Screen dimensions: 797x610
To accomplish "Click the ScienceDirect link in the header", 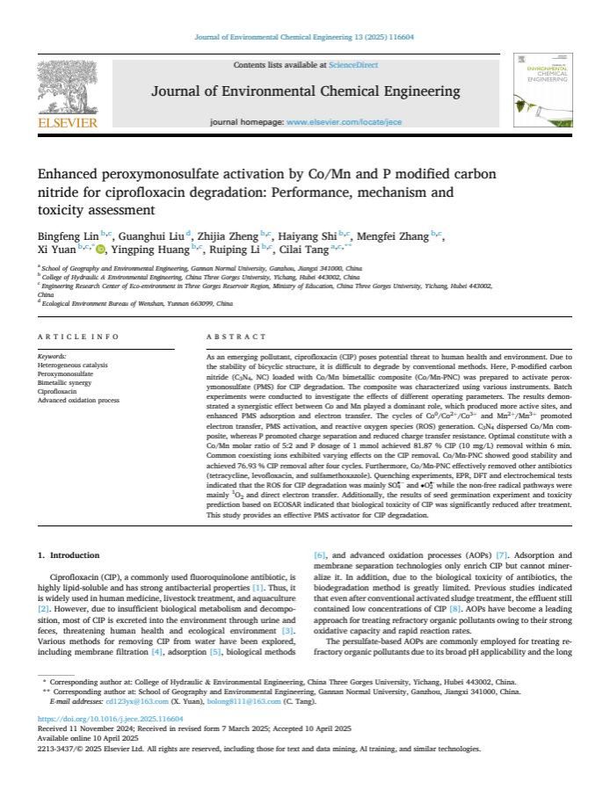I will (353, 65).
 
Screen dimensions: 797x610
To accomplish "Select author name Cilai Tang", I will (313, 249).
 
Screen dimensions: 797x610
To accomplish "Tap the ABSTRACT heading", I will (236, 337).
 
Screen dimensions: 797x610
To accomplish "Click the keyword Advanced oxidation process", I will (78, 400).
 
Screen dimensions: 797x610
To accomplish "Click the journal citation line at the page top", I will (304, 37).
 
